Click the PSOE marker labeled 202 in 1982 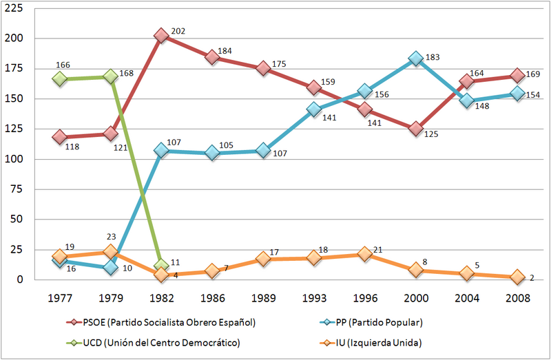point(161,36)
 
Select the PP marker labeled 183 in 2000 point(415,59)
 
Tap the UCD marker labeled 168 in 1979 point(110,76)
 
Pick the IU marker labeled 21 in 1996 point(364,254)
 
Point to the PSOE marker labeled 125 point(415,129)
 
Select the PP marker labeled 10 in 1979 point(110,267)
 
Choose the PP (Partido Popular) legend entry point(381,322)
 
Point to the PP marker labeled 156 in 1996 point(364,92)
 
